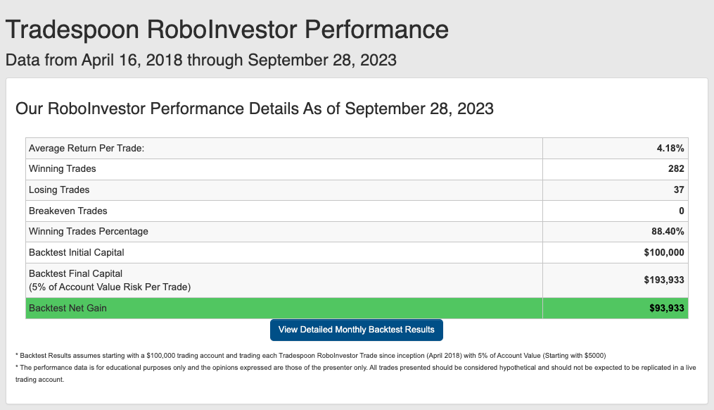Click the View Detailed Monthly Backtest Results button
[357, 330]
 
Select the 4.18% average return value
[670, 148]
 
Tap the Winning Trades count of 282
[676, 169]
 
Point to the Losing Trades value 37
[679, 190]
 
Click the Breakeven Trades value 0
[682, 211]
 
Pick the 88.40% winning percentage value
[668, 231]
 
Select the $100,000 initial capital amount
[664, 253]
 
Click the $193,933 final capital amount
[664, 280]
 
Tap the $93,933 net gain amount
[667, 309]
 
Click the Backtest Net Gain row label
[68, 309]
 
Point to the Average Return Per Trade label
[87, 148]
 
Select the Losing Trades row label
[59, 190]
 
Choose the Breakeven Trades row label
[68, 211]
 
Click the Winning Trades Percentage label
[89, 231]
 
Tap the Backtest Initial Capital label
[77, 253]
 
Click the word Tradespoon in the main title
[72, 30]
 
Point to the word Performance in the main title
[376, 30]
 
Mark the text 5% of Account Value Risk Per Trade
[110, 287]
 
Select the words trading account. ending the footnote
[39, 380]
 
